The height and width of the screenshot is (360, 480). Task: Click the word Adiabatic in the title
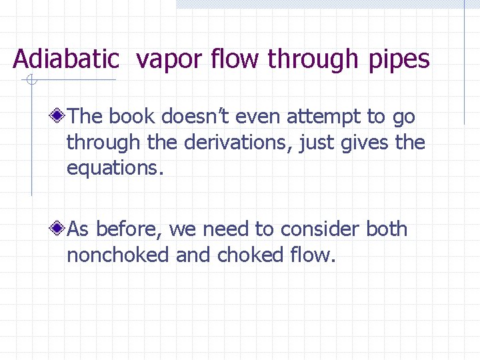click(x=66, y=59)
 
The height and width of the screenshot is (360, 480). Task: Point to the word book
click(x=131, y=117)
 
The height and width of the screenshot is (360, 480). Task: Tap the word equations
click(x=114, y=169)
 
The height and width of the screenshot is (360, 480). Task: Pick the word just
click(x=317, y=143)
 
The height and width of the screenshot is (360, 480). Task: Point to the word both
click(x=387, y=229)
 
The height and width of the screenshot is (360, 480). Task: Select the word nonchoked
click(x=118, y=255)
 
